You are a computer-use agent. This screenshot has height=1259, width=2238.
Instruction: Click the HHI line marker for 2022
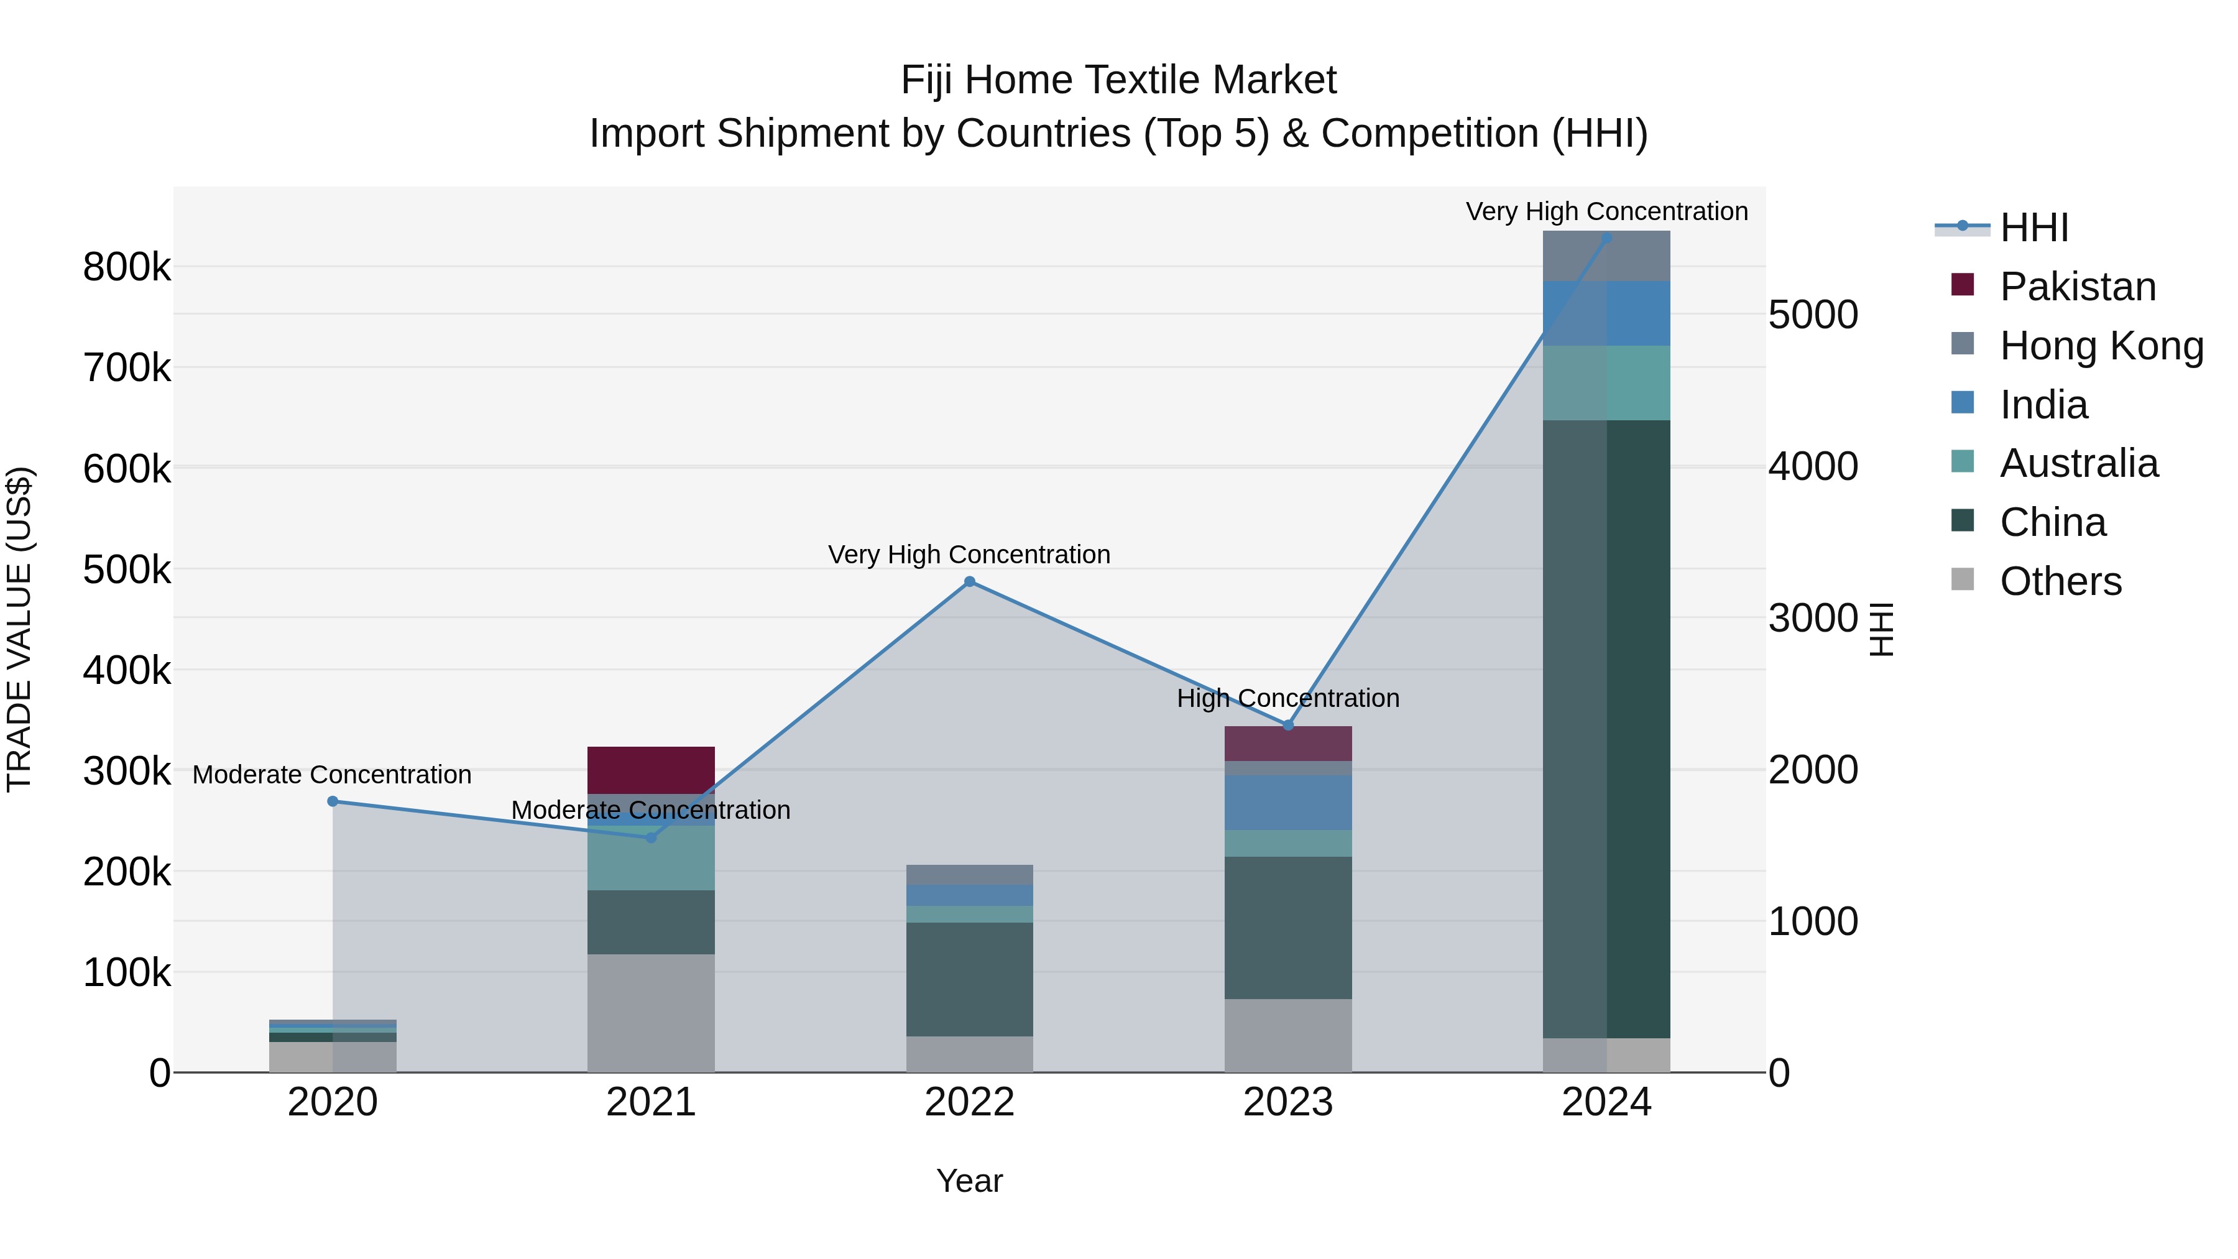coord(970,582)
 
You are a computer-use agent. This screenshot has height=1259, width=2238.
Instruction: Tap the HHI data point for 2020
coord(333,801)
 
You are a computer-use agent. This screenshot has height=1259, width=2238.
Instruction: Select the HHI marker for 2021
coord(651,837)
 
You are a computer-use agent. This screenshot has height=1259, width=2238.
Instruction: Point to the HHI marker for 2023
coord(1289,726)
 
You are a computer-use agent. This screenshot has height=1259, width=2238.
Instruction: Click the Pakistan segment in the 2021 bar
coord(651,770)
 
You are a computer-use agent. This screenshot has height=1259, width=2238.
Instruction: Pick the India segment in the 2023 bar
coord(1289,802)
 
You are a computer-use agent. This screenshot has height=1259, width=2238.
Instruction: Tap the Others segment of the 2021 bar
coord(651,1013)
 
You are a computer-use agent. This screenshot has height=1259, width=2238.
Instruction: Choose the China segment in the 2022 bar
coord(970,979)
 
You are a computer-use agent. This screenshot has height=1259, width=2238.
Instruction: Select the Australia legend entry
coord(2078,463)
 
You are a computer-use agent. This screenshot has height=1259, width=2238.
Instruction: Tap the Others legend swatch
coord(1963,579)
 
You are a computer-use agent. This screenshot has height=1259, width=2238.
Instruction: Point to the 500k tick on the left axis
coord(127,570)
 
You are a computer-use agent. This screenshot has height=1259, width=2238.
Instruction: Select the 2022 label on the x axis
coord(970,1102)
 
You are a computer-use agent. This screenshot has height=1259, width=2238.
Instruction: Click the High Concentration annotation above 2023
coord(1289,699)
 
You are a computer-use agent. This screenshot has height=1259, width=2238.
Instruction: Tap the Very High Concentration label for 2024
coord(1606,212)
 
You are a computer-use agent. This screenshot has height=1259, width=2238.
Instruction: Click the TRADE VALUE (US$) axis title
coord(20,629)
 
